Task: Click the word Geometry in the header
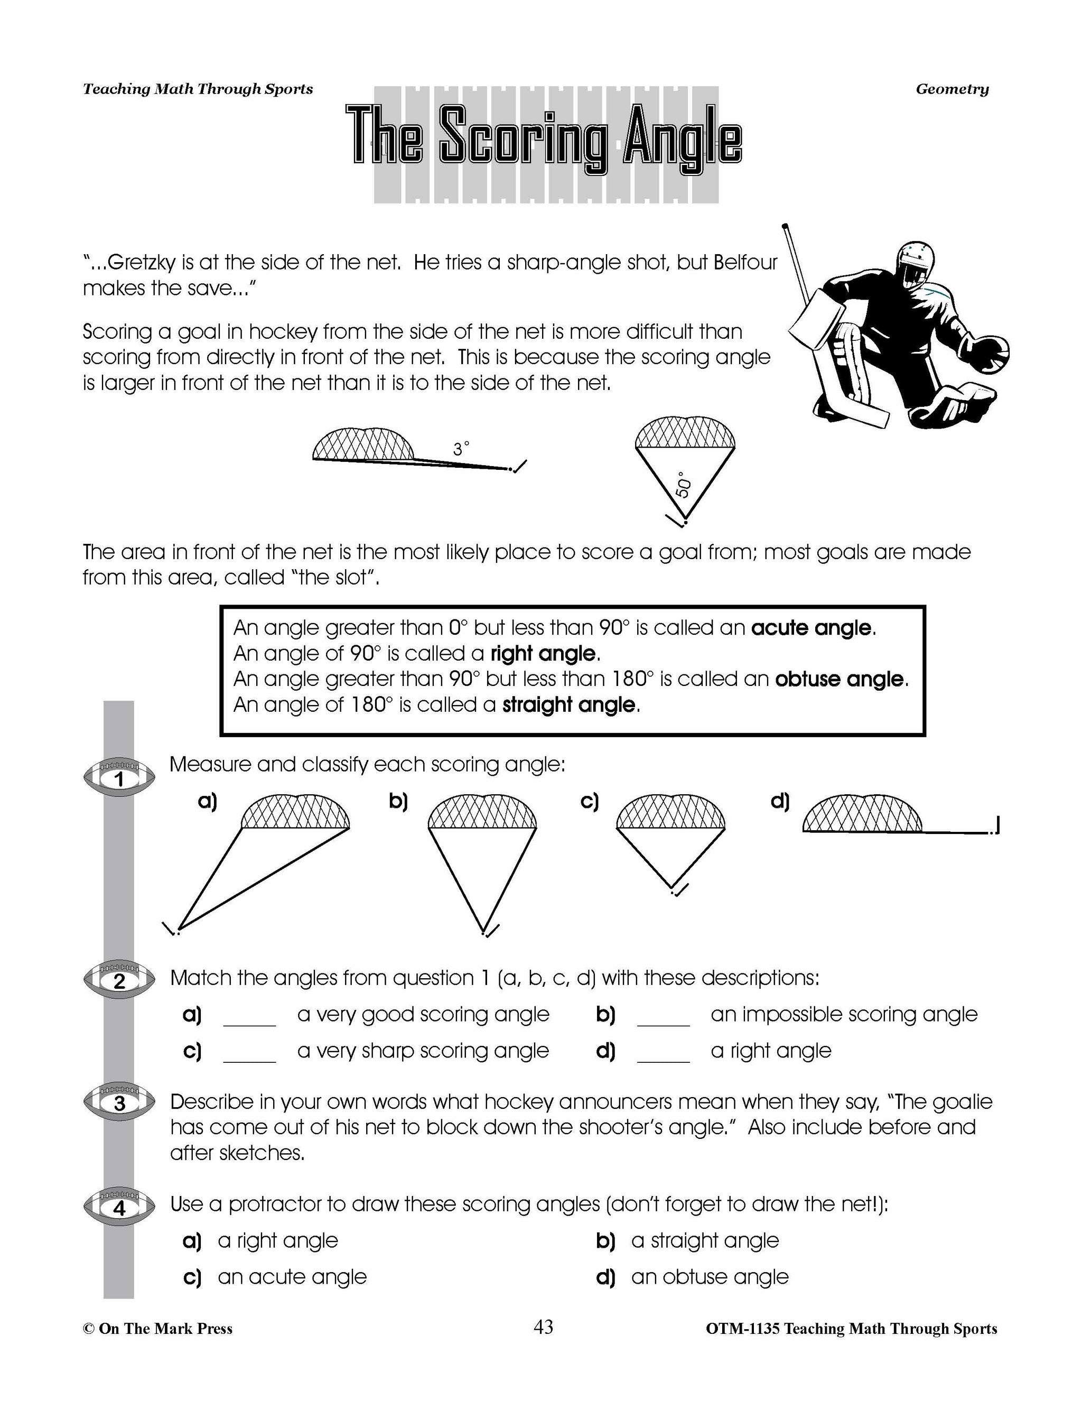(952, 89)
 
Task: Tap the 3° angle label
(461, 449)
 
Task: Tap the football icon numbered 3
(119, 1103)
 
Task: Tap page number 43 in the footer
(543, 1327)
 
